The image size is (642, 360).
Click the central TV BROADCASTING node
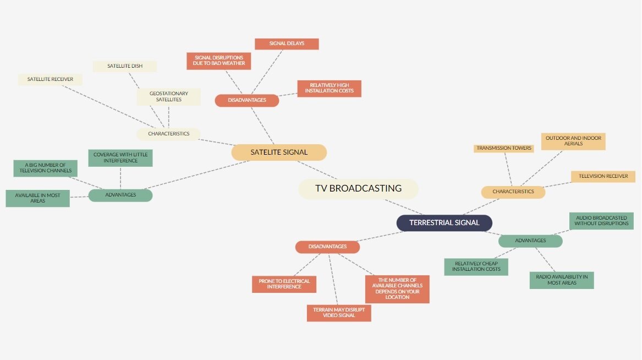click(358, 189)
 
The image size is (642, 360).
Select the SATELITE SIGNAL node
click(279, 152)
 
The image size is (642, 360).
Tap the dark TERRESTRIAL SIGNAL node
click(444, 223)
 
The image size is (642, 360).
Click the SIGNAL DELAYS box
click(287, 43)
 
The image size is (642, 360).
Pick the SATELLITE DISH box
click(125, 66)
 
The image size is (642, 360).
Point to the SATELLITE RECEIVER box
click(50, 79)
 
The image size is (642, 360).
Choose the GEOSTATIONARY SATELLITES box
click(169, 97)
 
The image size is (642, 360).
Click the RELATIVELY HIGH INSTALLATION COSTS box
click(329, 88)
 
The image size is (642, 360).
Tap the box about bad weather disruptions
click(219, 61)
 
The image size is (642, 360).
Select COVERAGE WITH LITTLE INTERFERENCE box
click(120, 158)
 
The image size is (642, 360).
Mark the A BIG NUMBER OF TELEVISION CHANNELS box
click(45, 168)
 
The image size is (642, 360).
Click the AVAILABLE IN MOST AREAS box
click(37, 198)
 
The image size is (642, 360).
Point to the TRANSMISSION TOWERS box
click(504, 148)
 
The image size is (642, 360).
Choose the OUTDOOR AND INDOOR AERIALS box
click(573, 141)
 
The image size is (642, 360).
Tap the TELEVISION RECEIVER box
click(603, 177)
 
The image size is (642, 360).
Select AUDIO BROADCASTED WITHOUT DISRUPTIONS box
click(601, 221)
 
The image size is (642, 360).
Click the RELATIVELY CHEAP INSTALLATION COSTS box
click(476, 266)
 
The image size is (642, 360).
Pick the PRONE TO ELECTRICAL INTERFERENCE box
click(284, 284)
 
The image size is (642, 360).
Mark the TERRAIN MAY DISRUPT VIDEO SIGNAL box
click(339, 313)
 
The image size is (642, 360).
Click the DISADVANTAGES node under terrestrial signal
click(327, 247)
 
